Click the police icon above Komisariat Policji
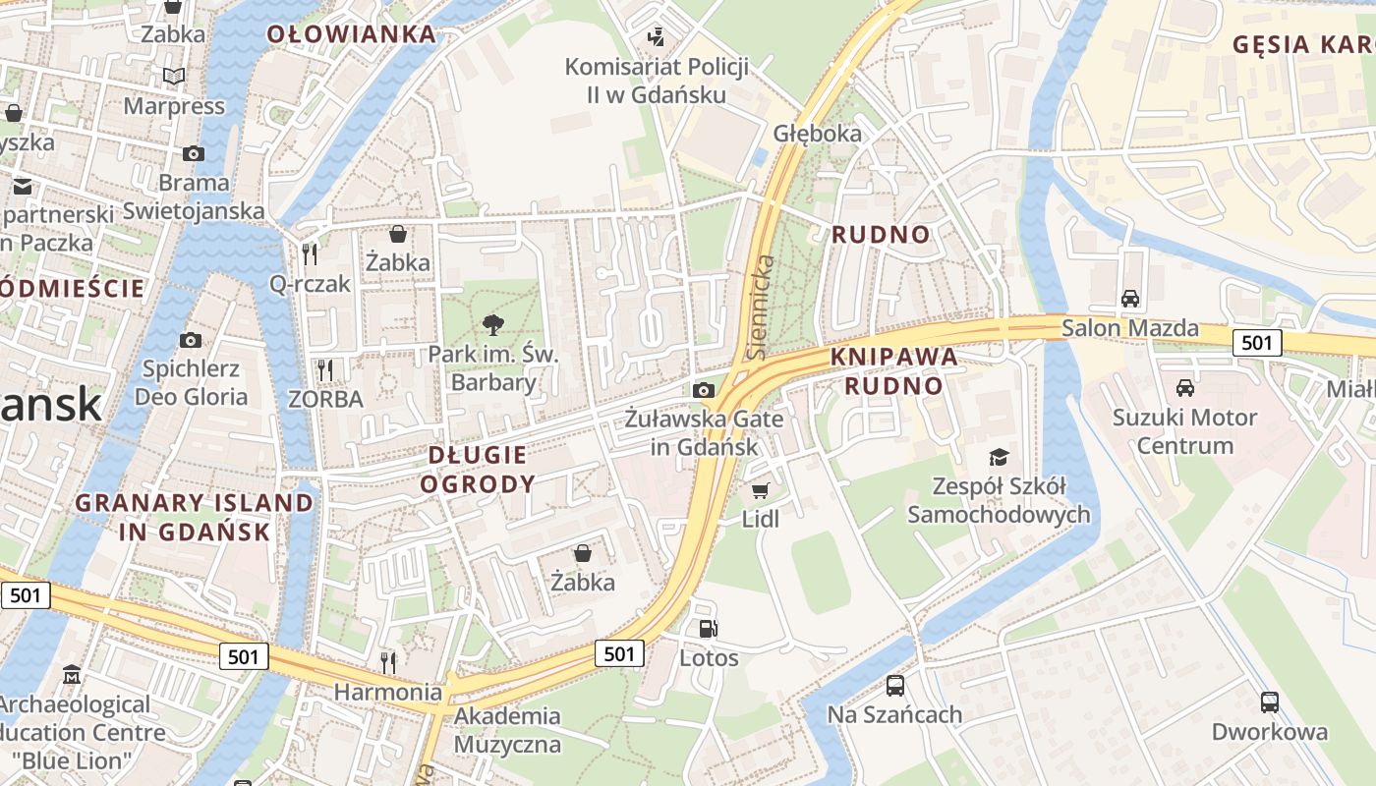656,37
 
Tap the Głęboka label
817,133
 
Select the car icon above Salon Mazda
1130,298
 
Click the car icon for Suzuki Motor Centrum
1185,387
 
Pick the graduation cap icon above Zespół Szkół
999,456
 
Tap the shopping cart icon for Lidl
760,489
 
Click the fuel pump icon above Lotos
708,629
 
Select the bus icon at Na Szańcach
894,685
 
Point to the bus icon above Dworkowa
1270,702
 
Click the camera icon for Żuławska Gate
703,390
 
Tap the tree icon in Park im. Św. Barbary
492,324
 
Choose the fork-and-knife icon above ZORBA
325,369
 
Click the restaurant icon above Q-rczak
310,254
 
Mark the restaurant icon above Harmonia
388,661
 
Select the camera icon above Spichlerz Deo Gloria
191,340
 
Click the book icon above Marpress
174,76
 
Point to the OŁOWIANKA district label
351,34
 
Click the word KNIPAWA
893,357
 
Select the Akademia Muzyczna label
507,730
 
